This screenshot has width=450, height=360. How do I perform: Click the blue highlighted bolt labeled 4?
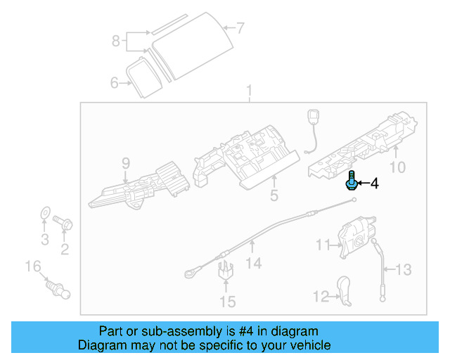[x=351, y=181]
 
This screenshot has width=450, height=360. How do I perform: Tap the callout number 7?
[x=240, y=29]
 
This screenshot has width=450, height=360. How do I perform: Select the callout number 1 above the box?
[x=248, y=91]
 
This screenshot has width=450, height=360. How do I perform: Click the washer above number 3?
[x=44, y=212]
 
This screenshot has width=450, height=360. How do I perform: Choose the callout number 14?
[x=254, y=263]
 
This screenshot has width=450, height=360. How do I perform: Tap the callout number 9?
[x=126, y=163]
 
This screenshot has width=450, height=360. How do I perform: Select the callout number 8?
[x=116, y=41]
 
